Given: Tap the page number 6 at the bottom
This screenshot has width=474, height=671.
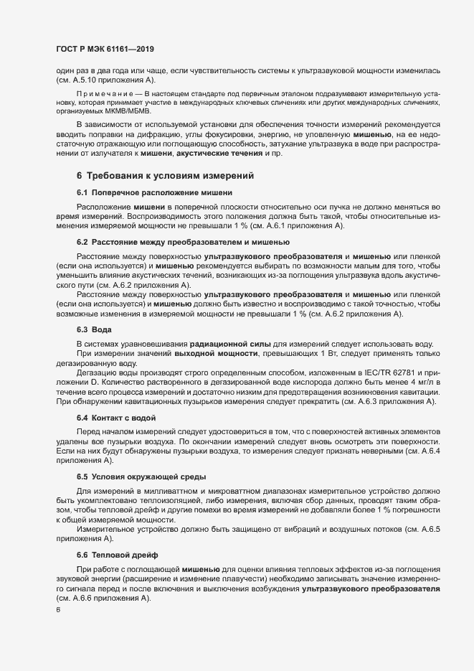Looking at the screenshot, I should (x=49, y=610).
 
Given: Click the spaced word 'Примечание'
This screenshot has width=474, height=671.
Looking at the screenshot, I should (x=110, y=94).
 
